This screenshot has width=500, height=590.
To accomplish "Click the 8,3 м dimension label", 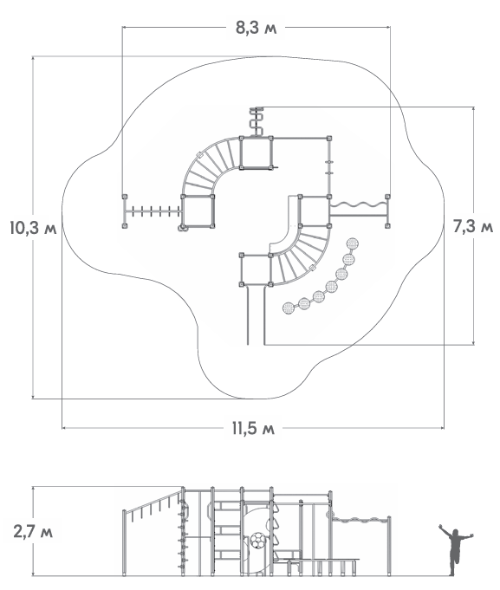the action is click(256, 28).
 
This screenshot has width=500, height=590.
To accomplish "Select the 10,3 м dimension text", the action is click(34, 228).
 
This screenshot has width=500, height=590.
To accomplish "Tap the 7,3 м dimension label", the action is click(472, 226).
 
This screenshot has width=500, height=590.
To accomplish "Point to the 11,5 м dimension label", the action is click(253, 428).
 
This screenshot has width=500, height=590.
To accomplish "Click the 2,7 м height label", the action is click(33, 532).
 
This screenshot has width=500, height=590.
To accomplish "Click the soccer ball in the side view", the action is click(258, 541).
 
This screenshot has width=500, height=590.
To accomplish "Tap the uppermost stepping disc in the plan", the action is click(353, 243).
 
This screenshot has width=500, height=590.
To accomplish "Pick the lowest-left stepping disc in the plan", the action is click(289, 308).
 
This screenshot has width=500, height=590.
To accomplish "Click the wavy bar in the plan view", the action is click(358, 204).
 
